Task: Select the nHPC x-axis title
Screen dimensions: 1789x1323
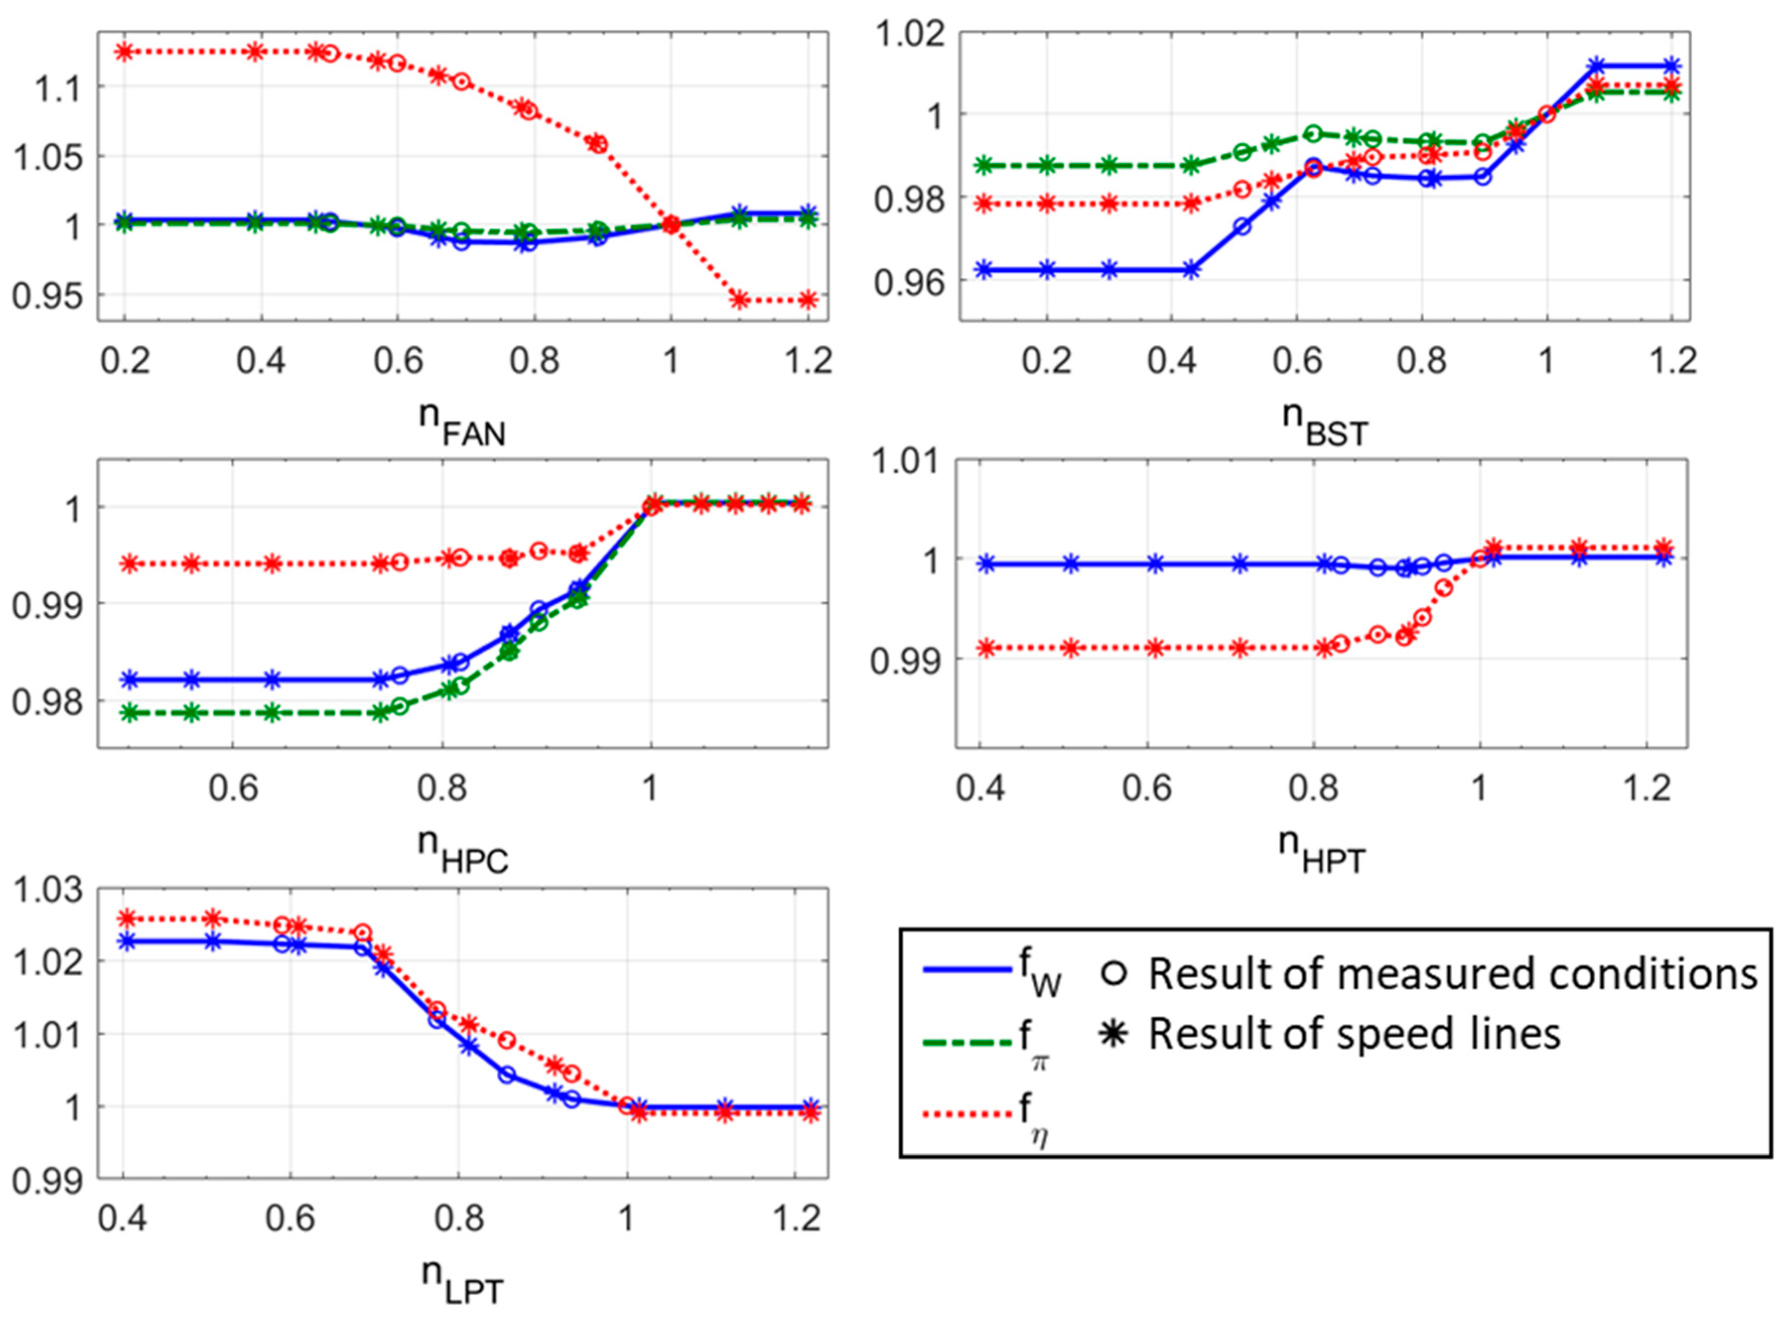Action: click(x=463, y=850)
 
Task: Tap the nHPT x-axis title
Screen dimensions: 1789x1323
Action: click(x=1322, y=850)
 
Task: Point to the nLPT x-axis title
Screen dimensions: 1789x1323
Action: click(x=463, y=1281)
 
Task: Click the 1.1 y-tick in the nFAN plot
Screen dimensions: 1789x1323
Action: click(x=59, y=86)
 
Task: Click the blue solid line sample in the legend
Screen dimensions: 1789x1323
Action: click(x=967, y=970)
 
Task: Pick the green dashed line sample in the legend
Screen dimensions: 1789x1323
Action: click(x=967, y=1042)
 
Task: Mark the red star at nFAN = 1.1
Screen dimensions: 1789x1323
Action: click(x=739, y=300)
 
